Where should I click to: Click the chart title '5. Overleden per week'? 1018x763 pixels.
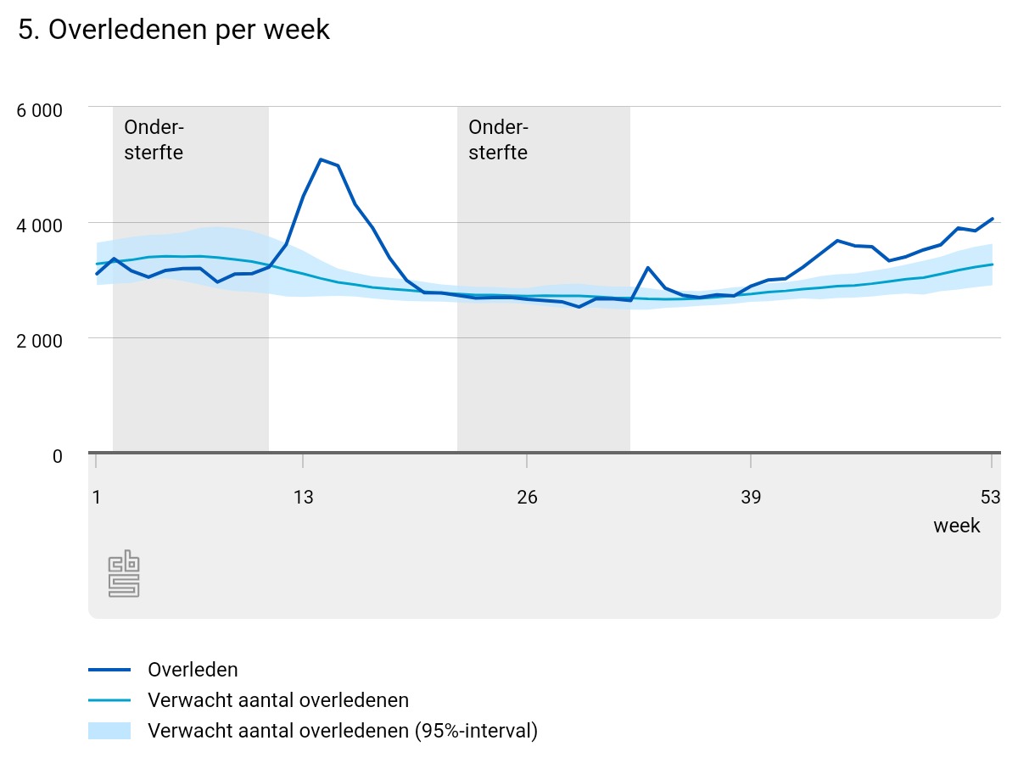click(174, 30)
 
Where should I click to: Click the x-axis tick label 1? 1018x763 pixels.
click(96, 497)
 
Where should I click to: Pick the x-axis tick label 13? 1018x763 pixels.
click(303, 497)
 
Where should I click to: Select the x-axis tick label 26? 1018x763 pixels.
click(527, 497)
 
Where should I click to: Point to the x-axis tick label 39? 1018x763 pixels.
click(751, 497)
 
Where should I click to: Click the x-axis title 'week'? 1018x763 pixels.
click(957, 526)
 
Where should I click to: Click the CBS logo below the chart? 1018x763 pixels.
click(124, 574)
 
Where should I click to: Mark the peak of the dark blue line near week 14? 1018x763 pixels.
click(321, 159)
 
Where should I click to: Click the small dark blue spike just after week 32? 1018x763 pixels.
click(647, 268)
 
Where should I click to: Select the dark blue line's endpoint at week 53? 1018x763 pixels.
click(992, 219)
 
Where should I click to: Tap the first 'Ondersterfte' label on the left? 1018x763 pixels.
click(154, 140)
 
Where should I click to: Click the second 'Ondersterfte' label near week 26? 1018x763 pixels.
click(498, 140)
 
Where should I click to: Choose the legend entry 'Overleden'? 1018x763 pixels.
click(193, 670)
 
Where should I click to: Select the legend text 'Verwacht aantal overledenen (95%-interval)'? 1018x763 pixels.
click(343, 731)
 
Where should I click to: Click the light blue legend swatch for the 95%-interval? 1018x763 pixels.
click(109, 731)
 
